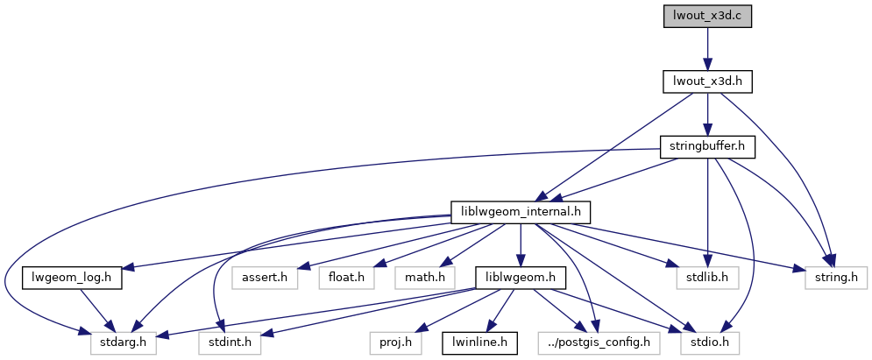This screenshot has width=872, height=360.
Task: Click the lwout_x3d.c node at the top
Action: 707,16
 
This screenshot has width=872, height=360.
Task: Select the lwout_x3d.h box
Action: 707,81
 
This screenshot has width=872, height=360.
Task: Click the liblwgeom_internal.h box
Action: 521,212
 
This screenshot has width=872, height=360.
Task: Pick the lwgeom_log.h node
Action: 72,278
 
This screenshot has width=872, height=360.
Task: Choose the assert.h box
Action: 265,278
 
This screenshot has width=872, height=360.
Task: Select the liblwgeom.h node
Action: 521,278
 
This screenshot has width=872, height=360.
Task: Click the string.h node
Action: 836,278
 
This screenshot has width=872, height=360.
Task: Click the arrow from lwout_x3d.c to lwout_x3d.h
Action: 707,48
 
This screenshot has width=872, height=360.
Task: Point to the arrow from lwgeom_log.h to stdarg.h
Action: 95,309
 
